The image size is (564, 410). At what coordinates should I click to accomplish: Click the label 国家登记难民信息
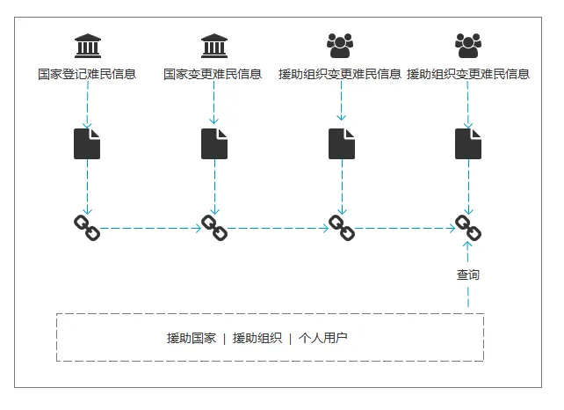pos(87,74)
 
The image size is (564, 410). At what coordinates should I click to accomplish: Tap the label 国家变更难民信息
pos(213,74)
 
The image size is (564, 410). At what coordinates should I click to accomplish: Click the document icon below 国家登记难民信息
pos(87,143)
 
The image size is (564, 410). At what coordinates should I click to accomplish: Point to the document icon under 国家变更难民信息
pos(213,143)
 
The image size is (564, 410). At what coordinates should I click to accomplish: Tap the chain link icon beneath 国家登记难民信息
pos(87,228)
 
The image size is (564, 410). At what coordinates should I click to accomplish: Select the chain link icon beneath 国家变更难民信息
pos(213,228)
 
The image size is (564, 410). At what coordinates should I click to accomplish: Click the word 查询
pos(468,275)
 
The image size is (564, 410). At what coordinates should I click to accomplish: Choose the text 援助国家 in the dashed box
pos(191,338)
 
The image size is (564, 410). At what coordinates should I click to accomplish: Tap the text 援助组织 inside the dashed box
pos(257,338)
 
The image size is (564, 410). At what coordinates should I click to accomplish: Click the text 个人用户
pos(322,338)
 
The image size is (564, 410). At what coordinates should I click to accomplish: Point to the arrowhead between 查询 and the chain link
pos(468,250)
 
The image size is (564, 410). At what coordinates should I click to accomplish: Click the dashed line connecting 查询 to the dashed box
pos(468,298)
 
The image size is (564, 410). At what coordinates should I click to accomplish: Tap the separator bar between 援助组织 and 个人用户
pos(290,338)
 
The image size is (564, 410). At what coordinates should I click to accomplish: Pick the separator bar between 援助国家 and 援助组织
pos(224,338)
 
